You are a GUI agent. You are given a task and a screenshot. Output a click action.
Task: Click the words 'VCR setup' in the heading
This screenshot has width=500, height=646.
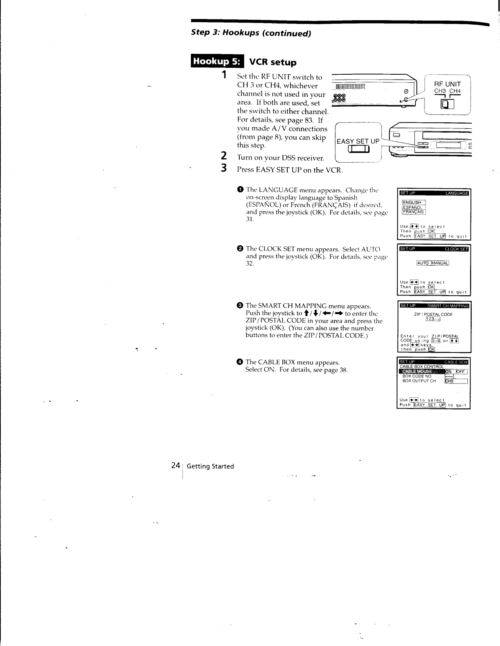click(273, 62)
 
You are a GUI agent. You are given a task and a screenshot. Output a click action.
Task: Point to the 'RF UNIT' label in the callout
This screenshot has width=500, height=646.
click(447, 84)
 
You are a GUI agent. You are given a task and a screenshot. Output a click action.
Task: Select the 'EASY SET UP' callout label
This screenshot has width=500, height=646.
click(358, 141)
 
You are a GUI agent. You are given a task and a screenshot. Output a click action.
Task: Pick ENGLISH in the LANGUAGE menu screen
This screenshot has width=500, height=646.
click(412, 203)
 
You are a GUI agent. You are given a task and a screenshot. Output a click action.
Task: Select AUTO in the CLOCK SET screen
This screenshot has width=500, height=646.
click(423, 263)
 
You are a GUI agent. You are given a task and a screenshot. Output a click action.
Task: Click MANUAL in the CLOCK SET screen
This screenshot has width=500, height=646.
click(440, 263)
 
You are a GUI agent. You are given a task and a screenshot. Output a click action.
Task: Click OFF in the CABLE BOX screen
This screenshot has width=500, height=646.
click(460, 371)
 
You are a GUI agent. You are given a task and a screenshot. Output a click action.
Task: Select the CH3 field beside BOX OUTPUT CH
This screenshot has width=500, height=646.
click(455, 381)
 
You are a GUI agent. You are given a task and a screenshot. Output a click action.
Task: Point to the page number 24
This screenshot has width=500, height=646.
click(176, 465)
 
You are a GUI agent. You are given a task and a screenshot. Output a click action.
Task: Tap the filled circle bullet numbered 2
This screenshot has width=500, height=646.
click(240, 249)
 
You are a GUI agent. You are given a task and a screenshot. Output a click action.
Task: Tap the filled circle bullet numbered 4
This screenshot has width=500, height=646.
click(240, 362)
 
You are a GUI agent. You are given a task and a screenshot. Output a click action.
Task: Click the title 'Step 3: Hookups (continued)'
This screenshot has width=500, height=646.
click(251, 34)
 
